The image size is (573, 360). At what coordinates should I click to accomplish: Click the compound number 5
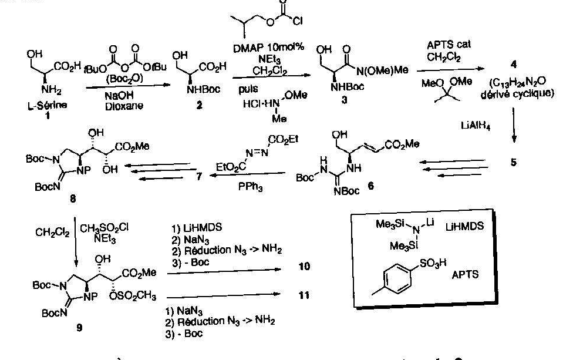[513, 163]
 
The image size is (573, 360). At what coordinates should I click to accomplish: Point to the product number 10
[304, 267]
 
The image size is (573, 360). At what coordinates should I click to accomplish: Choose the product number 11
[304, 295]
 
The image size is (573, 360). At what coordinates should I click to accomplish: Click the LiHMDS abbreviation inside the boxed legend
[470, 226]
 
